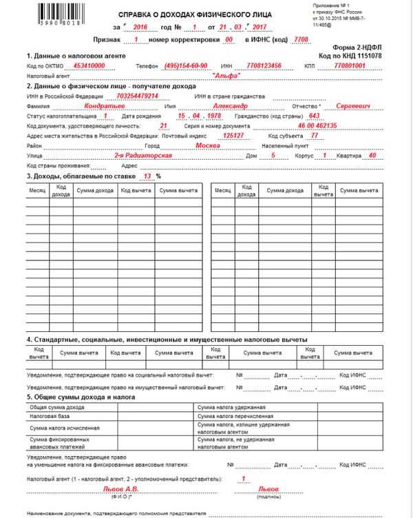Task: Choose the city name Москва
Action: click(x=208, y=146)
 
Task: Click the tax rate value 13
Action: click(x=146, y=176)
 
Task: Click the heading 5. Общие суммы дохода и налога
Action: click(x=81, y=397)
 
